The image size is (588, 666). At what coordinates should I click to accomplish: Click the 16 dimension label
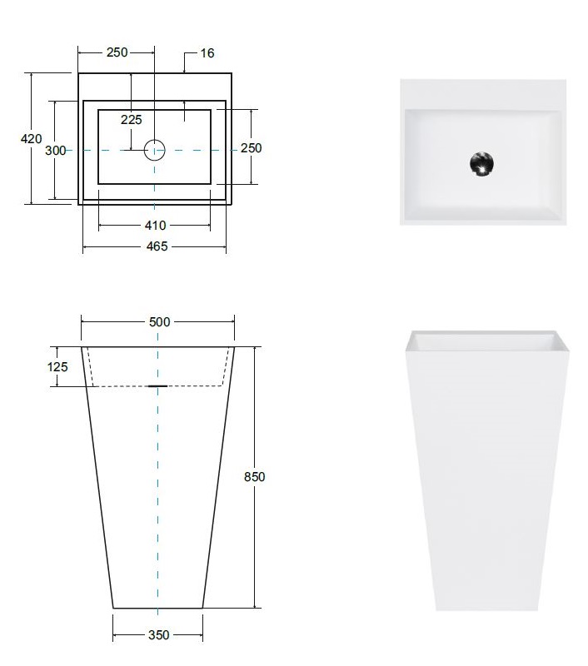[x=207, y=53]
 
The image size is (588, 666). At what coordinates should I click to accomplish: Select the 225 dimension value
[x=132, y=120]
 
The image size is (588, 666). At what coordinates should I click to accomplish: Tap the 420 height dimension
[x=32, y=138]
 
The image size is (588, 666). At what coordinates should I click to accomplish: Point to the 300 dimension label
[x=56, y=151]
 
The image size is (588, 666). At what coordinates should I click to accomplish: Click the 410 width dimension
[x=156, y=225]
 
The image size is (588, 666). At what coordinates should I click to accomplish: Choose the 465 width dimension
[x=157, y=246]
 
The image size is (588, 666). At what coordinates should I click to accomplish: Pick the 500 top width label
[x=160, y=322]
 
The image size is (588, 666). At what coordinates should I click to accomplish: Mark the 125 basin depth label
[x=57, y=366]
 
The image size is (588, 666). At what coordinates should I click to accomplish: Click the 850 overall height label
[x=255, y=477]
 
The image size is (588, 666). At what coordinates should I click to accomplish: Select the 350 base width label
[x=159, y=635]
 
